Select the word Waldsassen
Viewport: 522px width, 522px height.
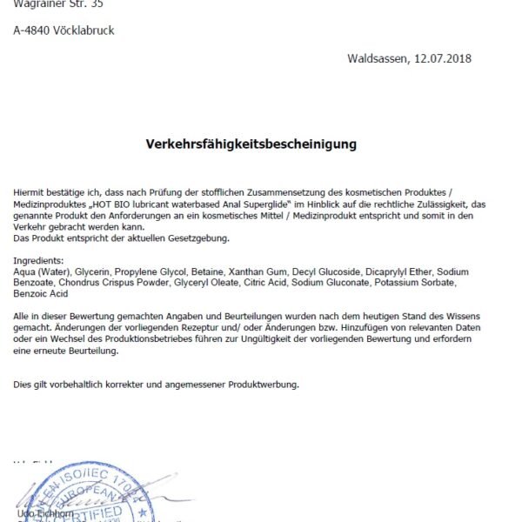(x=376, y=59)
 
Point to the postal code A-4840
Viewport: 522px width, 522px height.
(x=31, y=30)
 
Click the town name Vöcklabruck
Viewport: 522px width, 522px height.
(x=84, y=30)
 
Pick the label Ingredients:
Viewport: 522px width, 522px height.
(x=39, y=260)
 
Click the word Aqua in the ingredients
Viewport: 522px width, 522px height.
(x=25, y=271)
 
